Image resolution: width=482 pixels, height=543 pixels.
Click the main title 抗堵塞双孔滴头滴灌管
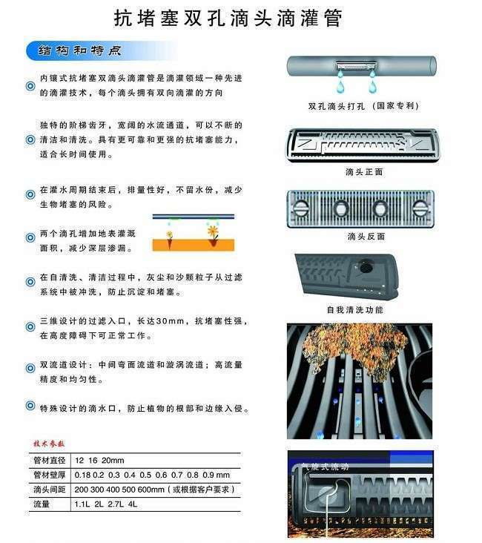pos(228,18)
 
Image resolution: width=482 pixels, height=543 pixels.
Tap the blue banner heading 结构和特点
pos(79,51)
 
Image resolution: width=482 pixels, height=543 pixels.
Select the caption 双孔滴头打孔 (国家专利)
pos(363,106)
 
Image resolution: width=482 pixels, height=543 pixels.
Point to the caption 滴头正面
pos(364,172)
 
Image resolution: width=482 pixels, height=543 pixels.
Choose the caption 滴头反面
pos(366,237)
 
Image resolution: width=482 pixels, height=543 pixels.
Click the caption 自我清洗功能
pos(355,309)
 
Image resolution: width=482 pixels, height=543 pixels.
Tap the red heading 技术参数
pos(49,444)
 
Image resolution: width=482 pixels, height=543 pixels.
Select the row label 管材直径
pos(50,460)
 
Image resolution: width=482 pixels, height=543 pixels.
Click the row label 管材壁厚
pos(50,475)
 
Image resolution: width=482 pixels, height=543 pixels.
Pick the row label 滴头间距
pos(50,490)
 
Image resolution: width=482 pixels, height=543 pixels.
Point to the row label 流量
pos(42,504)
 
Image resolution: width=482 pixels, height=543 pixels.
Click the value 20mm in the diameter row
pos(113,460)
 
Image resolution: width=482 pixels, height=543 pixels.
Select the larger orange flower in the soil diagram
pos(213,230)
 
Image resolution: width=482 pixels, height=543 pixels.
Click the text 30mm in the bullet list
pos(170,321)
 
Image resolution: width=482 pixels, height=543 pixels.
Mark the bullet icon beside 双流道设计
pos(30,368)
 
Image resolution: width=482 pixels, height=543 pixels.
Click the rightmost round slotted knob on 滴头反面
pos(420,208)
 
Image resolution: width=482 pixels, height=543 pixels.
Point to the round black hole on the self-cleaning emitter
pos(365,266)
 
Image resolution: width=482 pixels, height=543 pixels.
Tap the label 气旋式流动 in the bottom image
pos(325,467)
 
